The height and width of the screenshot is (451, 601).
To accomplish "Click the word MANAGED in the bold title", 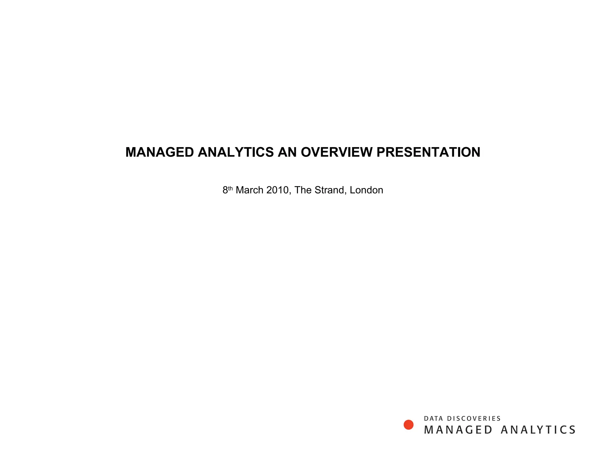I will point(159,152).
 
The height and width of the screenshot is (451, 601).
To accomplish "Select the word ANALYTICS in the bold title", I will point(236,152).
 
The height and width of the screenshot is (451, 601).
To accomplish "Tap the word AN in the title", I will point(287,152).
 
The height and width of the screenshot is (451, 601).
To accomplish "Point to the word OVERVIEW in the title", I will point(337,152).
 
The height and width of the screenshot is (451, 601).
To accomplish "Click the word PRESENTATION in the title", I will point(428,152).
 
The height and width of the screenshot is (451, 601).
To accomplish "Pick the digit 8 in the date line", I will point(225,190).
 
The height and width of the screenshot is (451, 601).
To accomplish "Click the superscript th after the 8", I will point(230,188).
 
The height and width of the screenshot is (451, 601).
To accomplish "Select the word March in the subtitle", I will point(249,190).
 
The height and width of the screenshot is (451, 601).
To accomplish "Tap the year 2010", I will point(277,190).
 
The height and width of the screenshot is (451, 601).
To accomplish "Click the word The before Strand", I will point(303,190).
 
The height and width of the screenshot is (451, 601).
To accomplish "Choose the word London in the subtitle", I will point(366,190).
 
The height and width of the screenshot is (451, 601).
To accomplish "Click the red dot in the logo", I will point(408,425).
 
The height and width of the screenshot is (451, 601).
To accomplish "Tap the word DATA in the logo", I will point(433,418).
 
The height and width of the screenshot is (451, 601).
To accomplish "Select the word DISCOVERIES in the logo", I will point(474,418).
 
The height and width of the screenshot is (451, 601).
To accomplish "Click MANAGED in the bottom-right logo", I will point(458,430).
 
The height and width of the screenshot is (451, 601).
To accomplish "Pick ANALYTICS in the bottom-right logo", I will point(538,430).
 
